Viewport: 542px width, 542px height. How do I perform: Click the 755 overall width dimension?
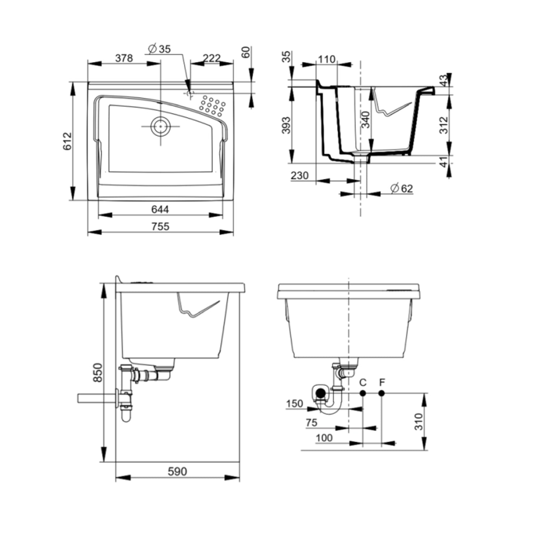pos(160,226)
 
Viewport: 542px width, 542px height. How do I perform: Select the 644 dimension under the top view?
pos(160,209)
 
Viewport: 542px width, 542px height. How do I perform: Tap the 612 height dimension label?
pos(68,141)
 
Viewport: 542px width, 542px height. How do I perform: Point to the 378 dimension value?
pos(124,58)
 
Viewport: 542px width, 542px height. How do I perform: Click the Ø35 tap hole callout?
pos(159,49)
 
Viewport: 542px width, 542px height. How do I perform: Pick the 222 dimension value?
pos(211,58)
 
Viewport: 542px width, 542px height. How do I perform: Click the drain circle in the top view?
pos(160,126)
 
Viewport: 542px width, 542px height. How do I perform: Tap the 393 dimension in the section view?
pos(286,125)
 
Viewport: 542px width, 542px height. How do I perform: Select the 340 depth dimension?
pos(366,120)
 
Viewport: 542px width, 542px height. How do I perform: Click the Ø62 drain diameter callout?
pos(401,188)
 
